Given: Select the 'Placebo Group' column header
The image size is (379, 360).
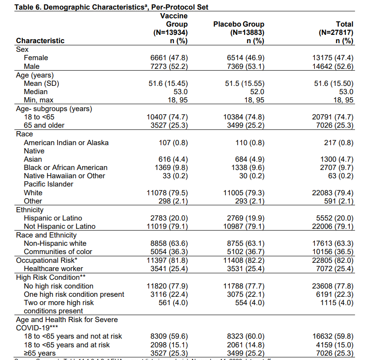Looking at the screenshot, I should [x=239, y=24].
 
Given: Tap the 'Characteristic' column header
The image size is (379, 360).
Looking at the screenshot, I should [x=40, y=41].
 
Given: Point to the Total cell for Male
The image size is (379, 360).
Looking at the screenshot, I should [x=333, y=67].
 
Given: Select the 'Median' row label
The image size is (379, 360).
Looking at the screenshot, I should [x=36, y=92].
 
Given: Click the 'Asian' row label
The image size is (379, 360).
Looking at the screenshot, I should [x=33, y=160].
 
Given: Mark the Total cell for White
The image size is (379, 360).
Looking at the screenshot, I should [x=333, y=193].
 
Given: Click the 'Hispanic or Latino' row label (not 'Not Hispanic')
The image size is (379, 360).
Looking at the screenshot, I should [x=53, y=218].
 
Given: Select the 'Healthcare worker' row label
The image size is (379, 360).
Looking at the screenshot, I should [x=53, y=269].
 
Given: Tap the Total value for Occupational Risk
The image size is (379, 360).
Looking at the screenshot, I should [x=333, y=261].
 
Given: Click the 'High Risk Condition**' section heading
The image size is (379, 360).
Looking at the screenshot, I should [x=48, y=278].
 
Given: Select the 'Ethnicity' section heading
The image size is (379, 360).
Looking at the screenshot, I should [x=30, y=210].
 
